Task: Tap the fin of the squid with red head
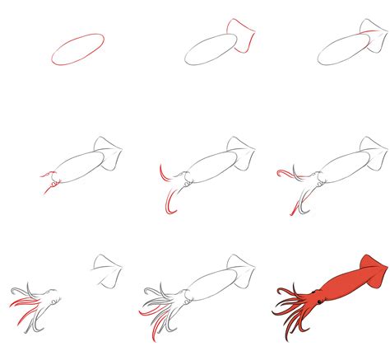(x=109, y=152)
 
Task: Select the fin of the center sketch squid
(x=241, y=152)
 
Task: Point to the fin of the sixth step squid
(x=374, y=152)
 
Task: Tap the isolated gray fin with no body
(x=108, y=268)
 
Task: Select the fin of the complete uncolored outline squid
(x=241, y=268)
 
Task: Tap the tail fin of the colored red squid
(x=371, y=269)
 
